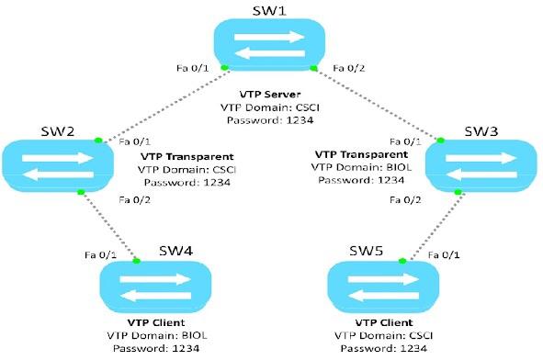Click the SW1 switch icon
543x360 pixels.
270,43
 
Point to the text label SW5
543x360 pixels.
367,251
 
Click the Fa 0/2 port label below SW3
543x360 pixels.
406,199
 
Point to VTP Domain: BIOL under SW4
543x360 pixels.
152,334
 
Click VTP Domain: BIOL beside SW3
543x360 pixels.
360,167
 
